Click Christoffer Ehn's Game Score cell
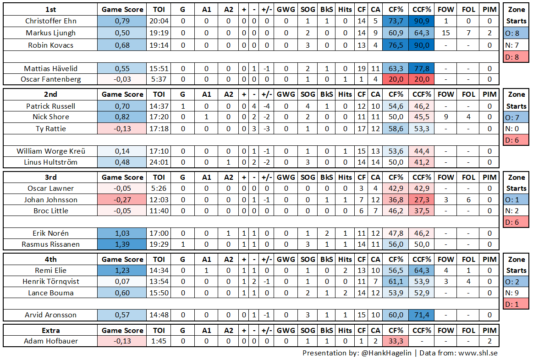(x=122, y=21)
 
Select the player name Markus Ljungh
(x=51, y=33)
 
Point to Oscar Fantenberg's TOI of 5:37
(x=159, y=79)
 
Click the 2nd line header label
(x=51, y=94)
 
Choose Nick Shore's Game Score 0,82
(x=122, y=117)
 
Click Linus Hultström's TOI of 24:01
(x=159, y=162)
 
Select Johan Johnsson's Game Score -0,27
(x=122, y=199)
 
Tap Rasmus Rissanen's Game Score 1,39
(x=122, y=244)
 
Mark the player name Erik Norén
(x=51, y=233)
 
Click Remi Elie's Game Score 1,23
(x=122, y=271)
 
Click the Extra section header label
(x=51, y=330)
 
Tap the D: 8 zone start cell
(x=517, y=57)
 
